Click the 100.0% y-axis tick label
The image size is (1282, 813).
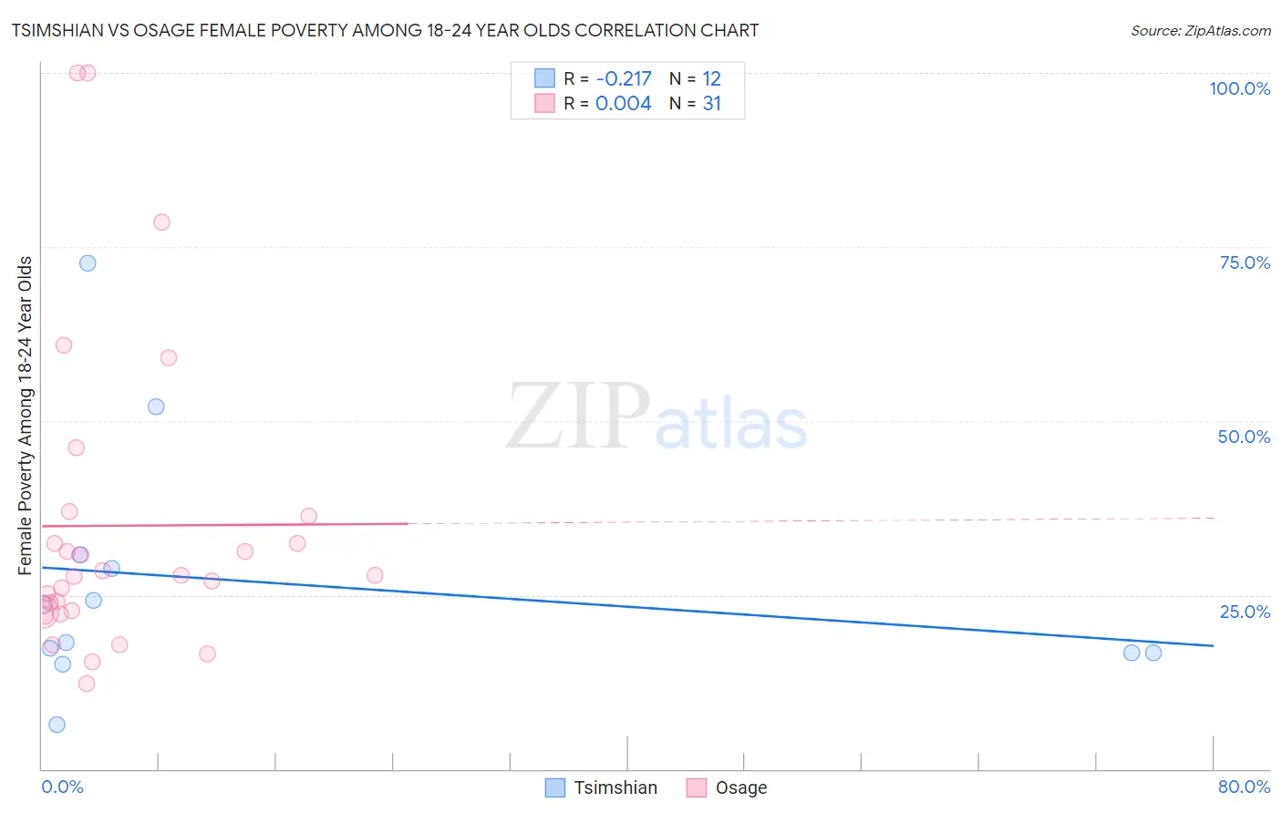coord(1239,88)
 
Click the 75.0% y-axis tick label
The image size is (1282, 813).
coord(1245,262)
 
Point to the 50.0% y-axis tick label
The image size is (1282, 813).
coord(1244,437)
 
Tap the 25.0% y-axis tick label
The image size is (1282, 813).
coord(1245,612)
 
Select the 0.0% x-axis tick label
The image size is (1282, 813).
coord(62,787)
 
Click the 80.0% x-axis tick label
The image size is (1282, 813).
coord(1244,787)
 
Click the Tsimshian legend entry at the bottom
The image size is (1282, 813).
coord(615,787)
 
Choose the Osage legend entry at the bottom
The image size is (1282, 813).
coord(740,787)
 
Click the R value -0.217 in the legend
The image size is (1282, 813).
coord(623,78)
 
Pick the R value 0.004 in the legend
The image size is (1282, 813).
coord(623,104)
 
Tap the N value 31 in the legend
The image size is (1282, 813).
coord(711,104)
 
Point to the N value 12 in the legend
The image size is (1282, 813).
coord(711,78)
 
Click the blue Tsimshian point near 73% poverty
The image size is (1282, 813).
coord(88,263)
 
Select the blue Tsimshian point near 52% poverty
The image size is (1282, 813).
coord(156,406)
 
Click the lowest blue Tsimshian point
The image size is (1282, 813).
coord(57,725)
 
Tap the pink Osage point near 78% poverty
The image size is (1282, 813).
coord(161,222)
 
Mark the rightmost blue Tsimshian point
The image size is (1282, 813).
coord(1153,653)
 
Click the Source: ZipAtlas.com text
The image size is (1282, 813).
coord(1200,31)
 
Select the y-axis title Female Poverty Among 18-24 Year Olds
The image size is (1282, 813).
coord(25,416)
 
